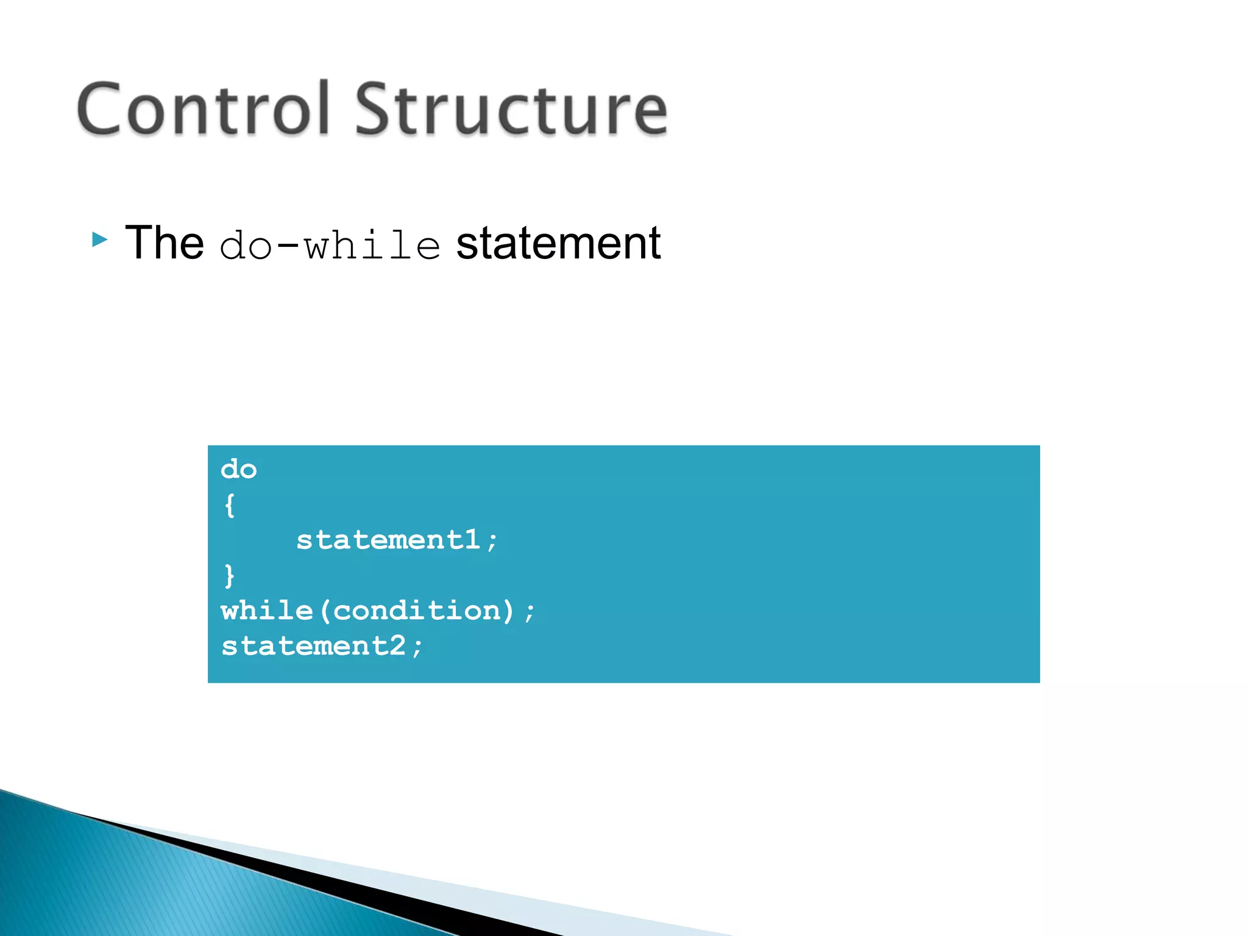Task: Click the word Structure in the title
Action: coord(511,110)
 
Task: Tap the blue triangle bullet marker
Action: coord(99,239)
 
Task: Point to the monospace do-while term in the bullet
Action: coord(330,246)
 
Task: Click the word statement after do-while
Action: coord(558,244)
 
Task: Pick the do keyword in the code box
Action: coord(239,470)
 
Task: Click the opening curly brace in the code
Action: coord(229,505)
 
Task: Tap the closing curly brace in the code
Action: coord(229,576)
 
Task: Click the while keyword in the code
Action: coord(267,611)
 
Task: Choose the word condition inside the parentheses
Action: coord(417,611)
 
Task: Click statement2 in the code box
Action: coord(314,646)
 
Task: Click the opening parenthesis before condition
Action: coord(324,611)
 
